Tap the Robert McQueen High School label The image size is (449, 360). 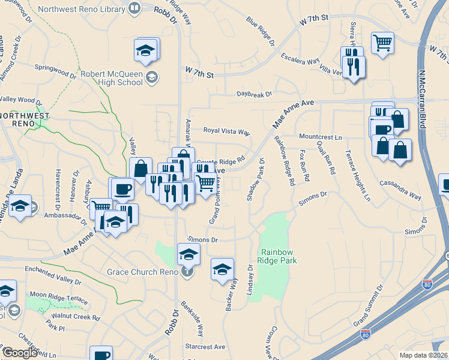[112, 76]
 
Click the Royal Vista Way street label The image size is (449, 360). [226, 131]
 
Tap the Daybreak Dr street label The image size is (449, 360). [254, 94]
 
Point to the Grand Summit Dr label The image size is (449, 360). [369, 307]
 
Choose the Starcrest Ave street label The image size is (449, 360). [205, 347]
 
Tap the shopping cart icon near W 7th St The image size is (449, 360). [382, 42]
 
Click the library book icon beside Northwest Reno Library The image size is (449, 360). [134, 8]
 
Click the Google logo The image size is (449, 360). [20, 352]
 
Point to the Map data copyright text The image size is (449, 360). [424, 355]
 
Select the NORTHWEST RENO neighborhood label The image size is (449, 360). [24, 119]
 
